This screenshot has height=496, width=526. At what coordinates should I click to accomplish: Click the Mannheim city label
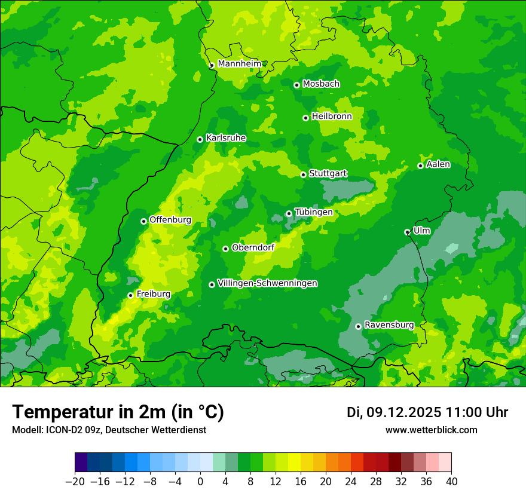(239, 64)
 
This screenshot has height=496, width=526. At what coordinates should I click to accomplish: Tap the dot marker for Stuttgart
(303, 174)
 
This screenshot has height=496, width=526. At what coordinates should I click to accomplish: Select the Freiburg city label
(153, 294)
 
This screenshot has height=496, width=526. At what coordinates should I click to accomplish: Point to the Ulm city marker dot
(407, 232)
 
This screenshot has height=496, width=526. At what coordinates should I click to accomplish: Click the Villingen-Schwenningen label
(267, 283)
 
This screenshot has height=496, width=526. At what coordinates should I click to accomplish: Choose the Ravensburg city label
(389, 325)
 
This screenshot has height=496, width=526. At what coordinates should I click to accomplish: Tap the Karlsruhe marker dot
(200, 139)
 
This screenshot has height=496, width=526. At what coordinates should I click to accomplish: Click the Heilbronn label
(332, 117)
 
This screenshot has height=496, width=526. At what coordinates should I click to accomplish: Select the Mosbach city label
(321, 84)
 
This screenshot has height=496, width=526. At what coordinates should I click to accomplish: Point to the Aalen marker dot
(420, 166)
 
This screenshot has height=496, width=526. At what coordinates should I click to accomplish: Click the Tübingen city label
(313, 212)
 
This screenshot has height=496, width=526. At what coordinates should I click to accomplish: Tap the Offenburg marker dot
(143, 221)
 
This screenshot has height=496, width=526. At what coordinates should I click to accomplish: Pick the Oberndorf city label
(253, 247)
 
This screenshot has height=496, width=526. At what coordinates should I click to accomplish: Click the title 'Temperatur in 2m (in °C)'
(118, 412)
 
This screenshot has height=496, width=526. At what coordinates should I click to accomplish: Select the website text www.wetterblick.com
(431, 430)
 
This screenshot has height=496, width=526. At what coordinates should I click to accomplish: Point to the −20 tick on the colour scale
(75, 482)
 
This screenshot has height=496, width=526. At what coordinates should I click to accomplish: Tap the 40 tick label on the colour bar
(451, 482)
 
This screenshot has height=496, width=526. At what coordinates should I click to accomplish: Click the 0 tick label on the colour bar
(200, 482)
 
